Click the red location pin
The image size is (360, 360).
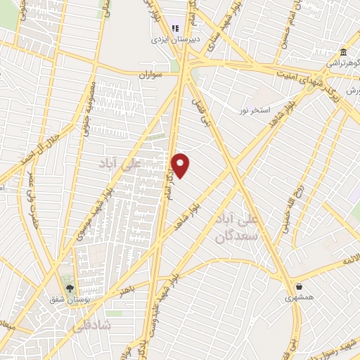(x=181, y=165)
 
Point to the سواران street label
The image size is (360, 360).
(x=150, y=73)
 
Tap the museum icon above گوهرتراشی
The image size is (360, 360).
(x=342, y=52)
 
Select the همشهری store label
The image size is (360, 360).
(x=301, y=298)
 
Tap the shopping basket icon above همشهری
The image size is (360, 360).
(x=301, y=286)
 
